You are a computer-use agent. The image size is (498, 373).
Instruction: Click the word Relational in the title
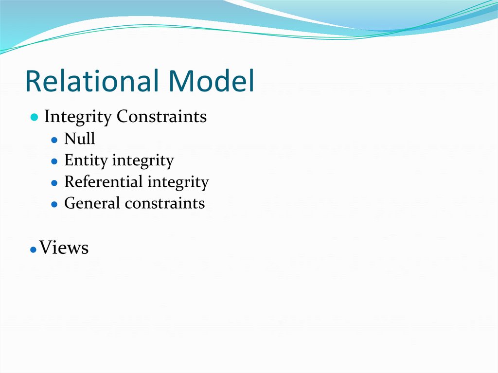coord(90,81)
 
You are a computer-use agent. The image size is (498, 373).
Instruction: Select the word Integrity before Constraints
coord(78,117)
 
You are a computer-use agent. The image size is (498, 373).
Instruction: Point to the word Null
coord(79,139)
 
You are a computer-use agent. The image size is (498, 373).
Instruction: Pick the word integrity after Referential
coord(178,182)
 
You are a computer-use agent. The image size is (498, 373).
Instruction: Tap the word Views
coord(64,248)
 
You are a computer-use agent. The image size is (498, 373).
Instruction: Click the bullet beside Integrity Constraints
coord(34,118)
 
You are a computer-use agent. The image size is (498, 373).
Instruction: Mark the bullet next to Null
coord(54,140)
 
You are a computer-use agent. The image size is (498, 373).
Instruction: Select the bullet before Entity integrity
coord(54,161)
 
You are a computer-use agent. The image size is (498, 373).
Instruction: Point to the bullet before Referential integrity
coord(54,183)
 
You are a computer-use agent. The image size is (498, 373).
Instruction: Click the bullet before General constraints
coord(54,204)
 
